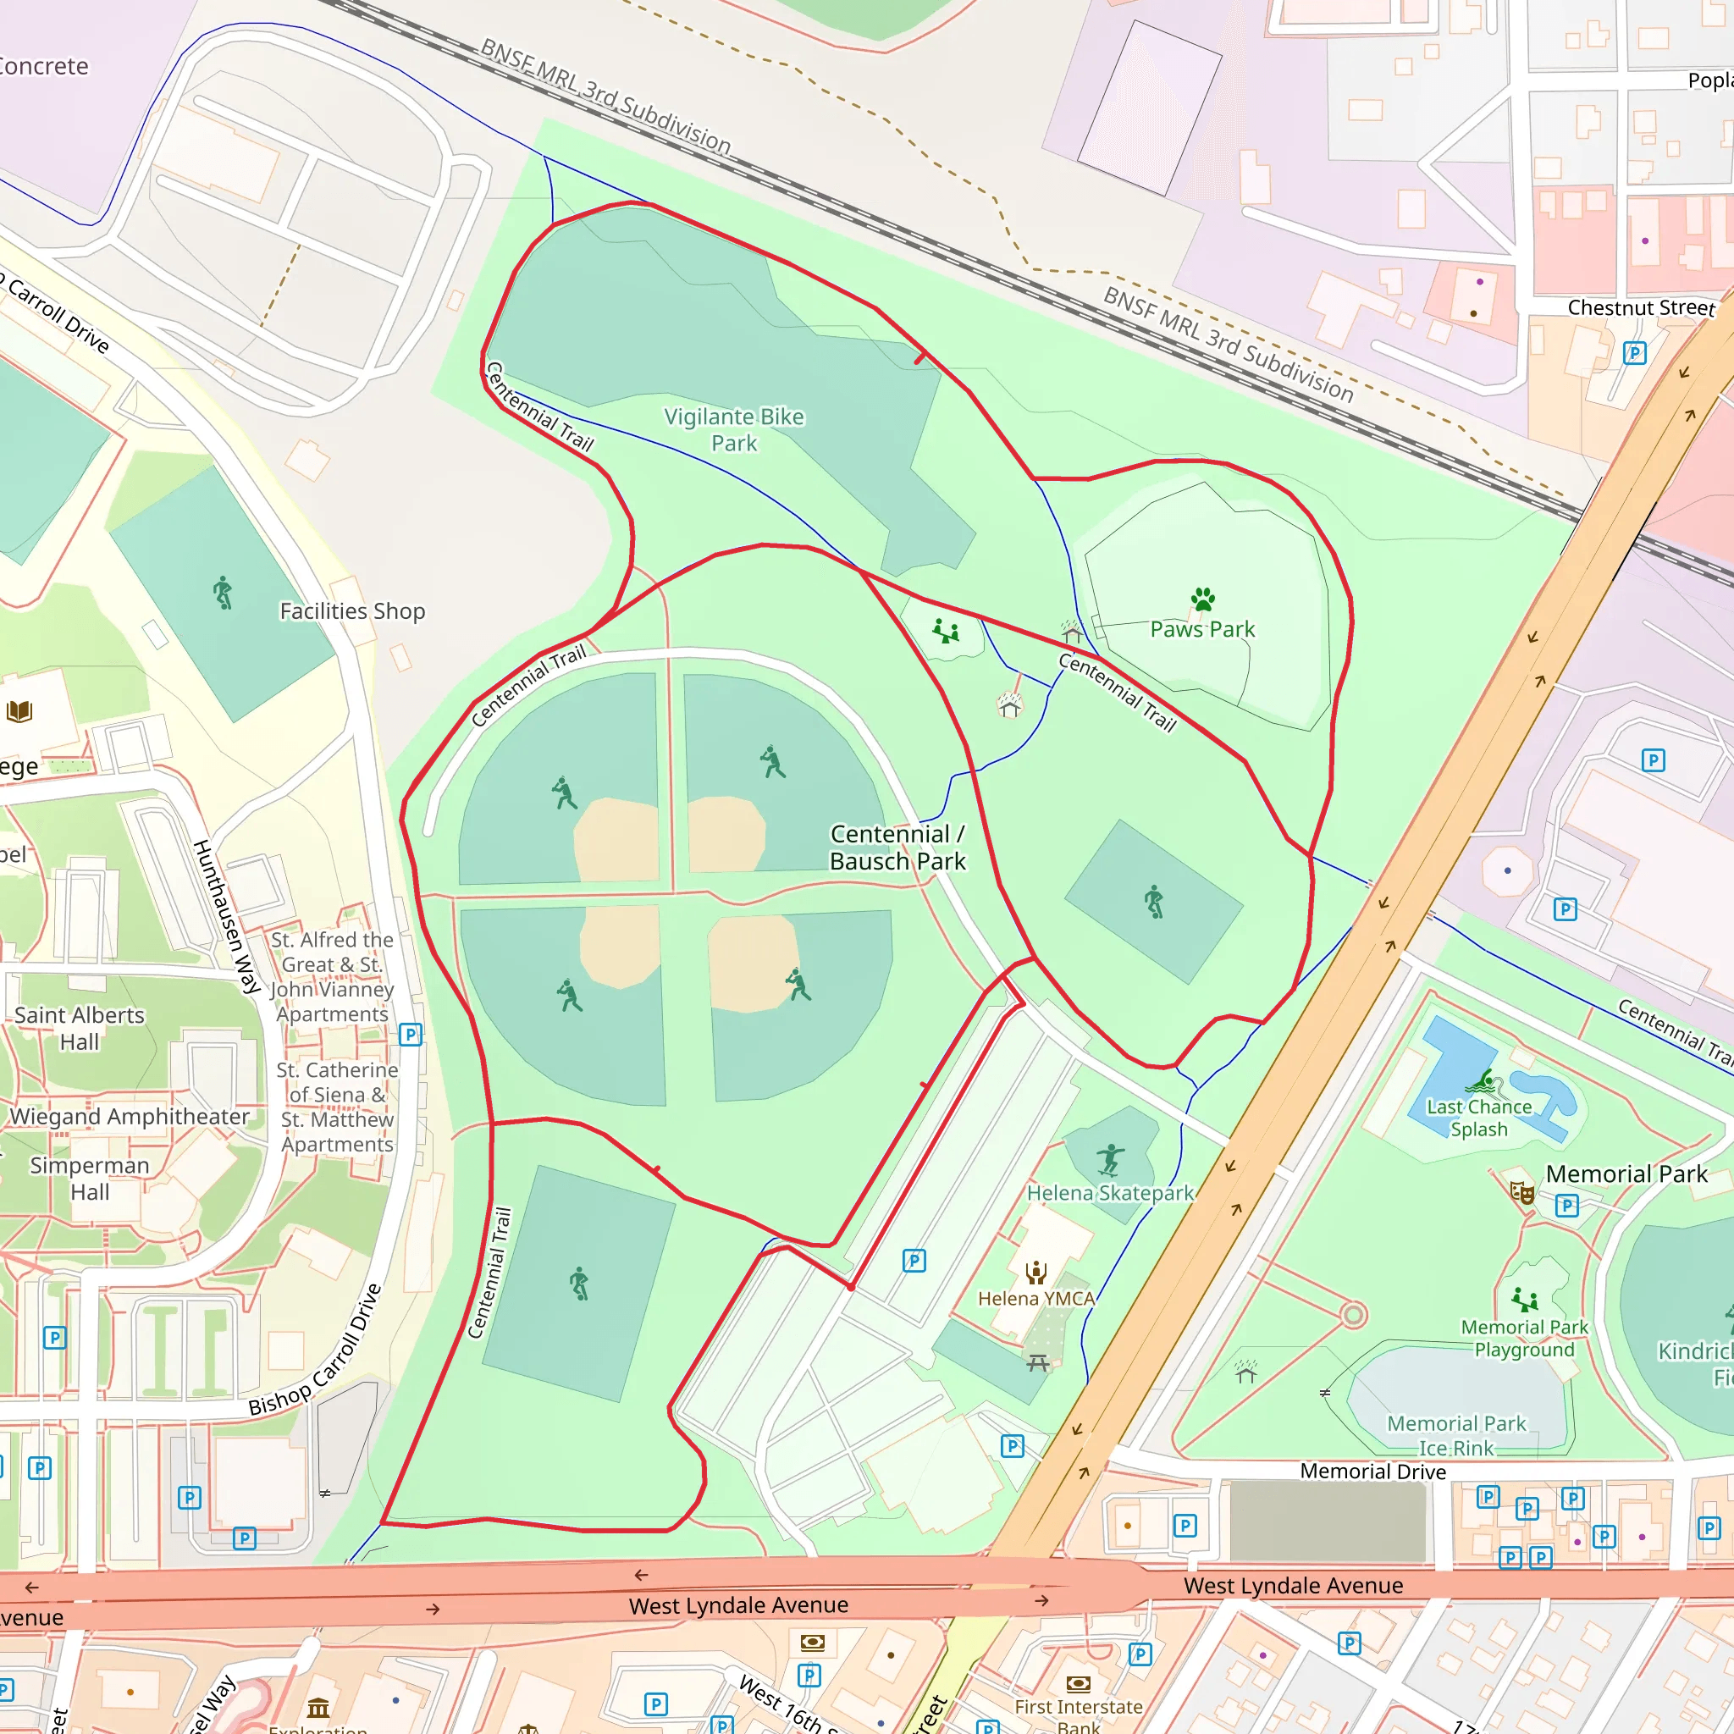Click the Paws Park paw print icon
point(1202,599)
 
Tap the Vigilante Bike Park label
point(734,430)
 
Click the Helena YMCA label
point(1035,1299)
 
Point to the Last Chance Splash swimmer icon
point(1486,1081)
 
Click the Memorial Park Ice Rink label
point(1455,1435)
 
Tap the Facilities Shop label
point(352,611)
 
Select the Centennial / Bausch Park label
point(897,848)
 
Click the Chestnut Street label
point(1641,308)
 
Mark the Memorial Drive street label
point(1372,1471)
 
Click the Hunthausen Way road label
point(226,916)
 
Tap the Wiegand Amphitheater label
point(130,1117)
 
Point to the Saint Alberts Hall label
point(79,1029)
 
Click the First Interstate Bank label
point(1078,1716)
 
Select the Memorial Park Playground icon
point(1524,1299)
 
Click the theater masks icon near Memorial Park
point(1522,1193)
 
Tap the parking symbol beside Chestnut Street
point(1634,353)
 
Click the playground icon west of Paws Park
point(945,632)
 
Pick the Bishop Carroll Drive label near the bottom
point(315,1351)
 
